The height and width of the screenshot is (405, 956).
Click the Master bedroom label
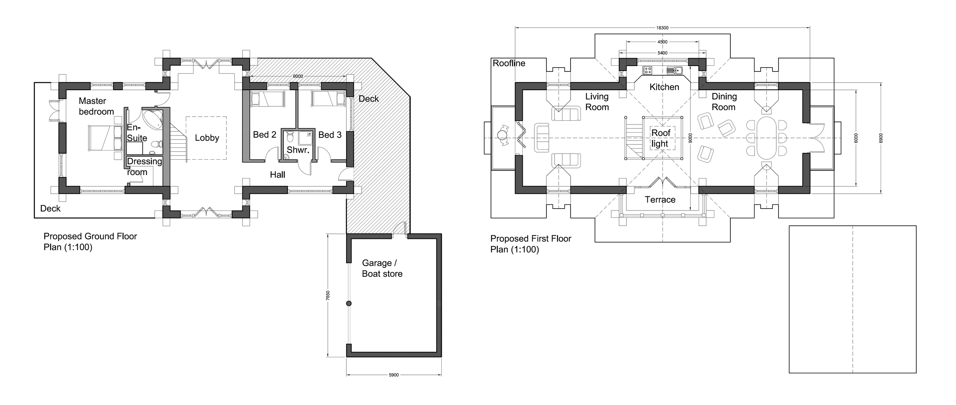tap(96, 106)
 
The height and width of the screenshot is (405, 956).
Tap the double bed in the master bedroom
tap(104, 138)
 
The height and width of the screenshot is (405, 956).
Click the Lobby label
tap(207, 138)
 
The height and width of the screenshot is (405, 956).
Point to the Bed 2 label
tap(264, 135)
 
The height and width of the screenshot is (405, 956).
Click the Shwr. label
tap(298, 150)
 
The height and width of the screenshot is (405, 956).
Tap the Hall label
tap(277, 175)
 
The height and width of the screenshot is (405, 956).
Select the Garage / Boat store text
tap(382, 268)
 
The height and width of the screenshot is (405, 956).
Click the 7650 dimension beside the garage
tap(328, 295)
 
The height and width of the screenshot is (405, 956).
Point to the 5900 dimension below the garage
tap(393, 375)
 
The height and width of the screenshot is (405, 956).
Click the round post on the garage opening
tap(348, 304)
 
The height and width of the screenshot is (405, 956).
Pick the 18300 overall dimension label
tap(662, 28)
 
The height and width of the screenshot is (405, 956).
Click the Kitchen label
tap(664, 87)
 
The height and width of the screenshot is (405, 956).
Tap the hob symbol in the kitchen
tap(647, 70)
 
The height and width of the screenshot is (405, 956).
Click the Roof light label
tap(660, 138)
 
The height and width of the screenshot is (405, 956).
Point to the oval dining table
tap(766, 138)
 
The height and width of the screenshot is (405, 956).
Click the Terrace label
tap(660, 200)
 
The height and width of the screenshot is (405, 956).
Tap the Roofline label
tap(509, 63)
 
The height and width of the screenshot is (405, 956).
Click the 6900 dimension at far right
tap(881, 138)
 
